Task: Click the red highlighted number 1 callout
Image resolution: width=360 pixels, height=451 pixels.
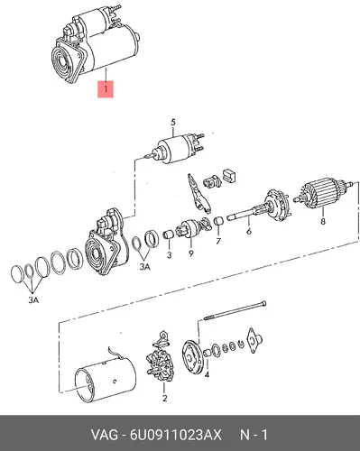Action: tap(106, 89)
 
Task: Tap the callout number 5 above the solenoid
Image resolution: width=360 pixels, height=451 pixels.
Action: tap(173, 123)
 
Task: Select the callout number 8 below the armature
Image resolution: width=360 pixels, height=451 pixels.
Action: tap(323, 222)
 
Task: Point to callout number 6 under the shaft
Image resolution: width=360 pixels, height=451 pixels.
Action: tap(249, 231)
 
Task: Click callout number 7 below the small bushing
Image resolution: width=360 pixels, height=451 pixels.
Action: tap(218, 241)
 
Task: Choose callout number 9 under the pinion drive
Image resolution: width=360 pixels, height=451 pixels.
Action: tap(191, 253)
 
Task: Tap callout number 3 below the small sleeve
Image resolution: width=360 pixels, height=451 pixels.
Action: tap(169, 255)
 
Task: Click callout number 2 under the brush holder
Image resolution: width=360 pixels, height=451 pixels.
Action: tap(164, 399)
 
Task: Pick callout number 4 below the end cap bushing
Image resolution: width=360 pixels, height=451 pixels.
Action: tap(207, 374)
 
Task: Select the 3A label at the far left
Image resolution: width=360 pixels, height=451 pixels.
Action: tap(33, 299)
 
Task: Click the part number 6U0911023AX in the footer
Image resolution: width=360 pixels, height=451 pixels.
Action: tap(176, 435)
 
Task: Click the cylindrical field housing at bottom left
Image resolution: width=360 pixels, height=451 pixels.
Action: tap(106, 378)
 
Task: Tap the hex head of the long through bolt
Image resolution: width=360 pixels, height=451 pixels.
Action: tap(263, 303)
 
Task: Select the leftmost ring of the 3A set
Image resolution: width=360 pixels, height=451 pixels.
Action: tap(17, 274)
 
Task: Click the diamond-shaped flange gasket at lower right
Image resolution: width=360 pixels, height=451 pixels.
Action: tap(254, 340)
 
